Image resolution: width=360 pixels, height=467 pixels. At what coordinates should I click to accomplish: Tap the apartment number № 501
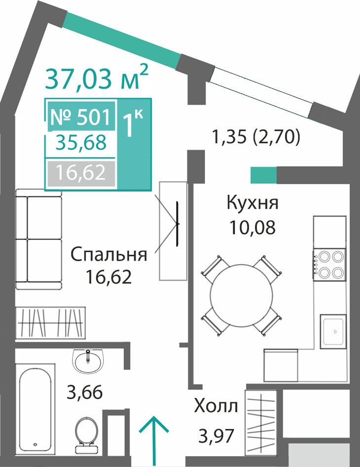(80, 117)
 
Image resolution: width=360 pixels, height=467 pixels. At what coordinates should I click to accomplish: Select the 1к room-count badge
(133, 123)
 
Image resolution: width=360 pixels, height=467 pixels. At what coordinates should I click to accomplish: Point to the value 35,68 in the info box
(81, 142)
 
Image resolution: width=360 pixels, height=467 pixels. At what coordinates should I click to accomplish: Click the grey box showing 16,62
(81, 173)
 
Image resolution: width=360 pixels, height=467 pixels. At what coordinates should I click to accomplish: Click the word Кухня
(252, 203)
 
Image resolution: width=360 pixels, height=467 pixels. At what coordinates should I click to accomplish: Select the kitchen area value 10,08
(252, 228)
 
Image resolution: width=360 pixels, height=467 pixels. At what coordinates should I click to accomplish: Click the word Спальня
(109, 255)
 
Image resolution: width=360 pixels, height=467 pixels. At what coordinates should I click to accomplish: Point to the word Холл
(216, 406)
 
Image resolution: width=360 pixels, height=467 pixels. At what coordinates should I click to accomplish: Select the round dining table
(241, 295)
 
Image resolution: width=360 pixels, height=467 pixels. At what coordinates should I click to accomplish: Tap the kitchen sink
(333, 331)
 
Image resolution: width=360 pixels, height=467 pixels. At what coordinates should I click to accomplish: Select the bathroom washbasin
(88, 361)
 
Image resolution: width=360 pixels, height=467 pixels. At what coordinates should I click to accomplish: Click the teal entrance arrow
(154, 441)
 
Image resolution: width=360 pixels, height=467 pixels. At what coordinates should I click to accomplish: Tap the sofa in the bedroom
(38, 239)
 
